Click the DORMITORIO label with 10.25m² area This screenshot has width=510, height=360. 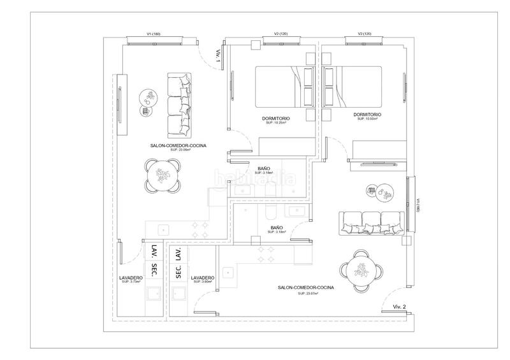tap(276, 119)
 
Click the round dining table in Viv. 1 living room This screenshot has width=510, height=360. tap(163, 174)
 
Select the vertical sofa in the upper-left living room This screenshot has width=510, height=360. tap(180, 105)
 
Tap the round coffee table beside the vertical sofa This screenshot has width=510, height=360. tap(147, 100)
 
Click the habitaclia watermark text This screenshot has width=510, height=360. tap(255, 178)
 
